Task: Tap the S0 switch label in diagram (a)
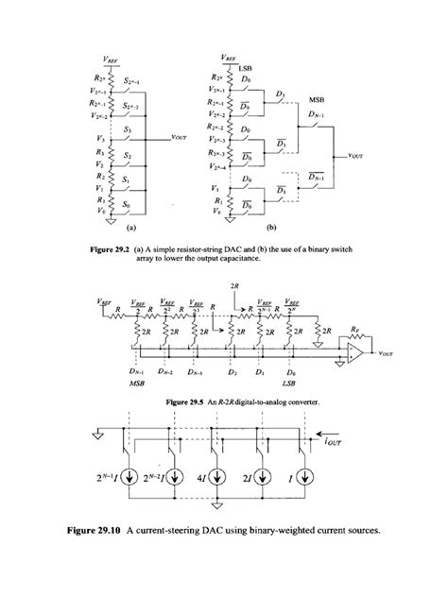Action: coord(129,203)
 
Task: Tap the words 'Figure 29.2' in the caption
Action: coord(139,248)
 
